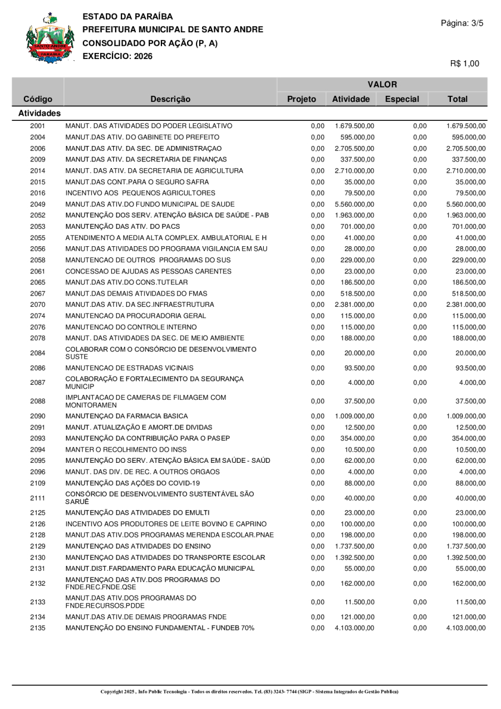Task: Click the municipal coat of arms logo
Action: point(50,38)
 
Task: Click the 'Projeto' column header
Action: point(302,99)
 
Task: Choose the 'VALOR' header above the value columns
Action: point(382,85)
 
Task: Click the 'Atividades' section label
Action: point(40,113)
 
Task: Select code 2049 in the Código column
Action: point(38,204)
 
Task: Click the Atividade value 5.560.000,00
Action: point(355,204)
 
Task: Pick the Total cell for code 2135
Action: point(466,628)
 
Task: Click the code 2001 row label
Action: point(38,126)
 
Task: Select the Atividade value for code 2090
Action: point(355,416)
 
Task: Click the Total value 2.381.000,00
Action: point(466,305)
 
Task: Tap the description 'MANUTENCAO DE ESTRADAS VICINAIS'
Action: point(129,368)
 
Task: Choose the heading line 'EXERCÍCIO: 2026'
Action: point(117,56)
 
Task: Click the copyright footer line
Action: point(249,692)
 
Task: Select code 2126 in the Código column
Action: point(38,524)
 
